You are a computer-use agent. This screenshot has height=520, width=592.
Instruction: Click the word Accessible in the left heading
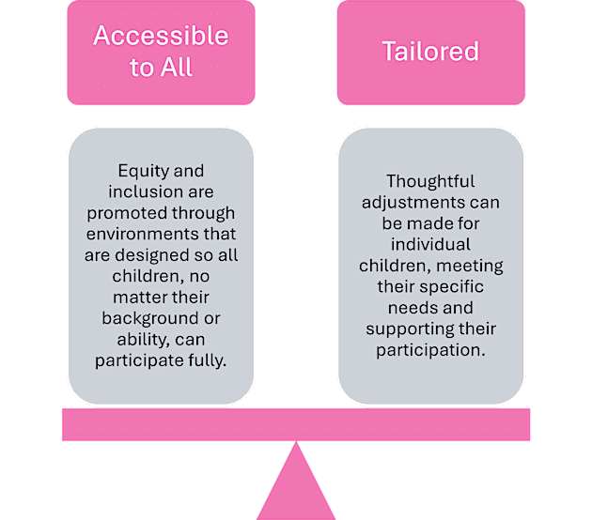(x=160, y=37)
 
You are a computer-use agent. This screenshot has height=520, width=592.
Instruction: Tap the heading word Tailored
(x=430, y=51)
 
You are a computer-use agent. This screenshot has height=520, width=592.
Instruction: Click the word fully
(x=208, y=360)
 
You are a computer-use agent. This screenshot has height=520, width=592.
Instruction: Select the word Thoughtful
(x=430, y=181)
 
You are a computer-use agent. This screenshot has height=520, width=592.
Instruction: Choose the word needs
(x=404, y=308)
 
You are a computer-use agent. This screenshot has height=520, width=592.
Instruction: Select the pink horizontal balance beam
(x=296, y=424)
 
